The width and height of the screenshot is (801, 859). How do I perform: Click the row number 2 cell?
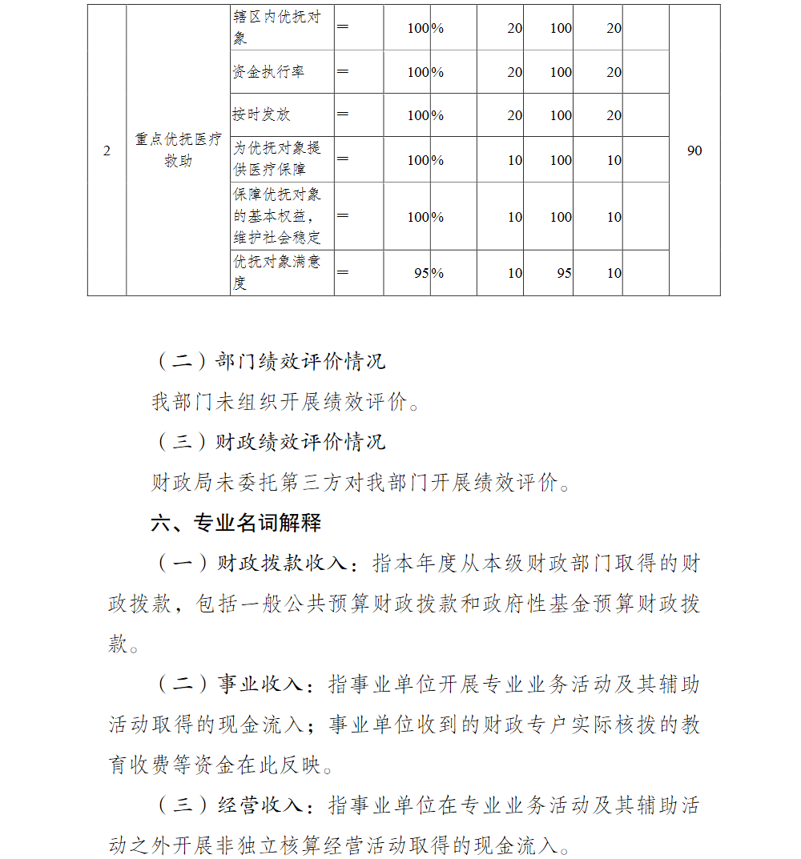107,151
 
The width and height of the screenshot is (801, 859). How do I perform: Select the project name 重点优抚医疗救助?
178,150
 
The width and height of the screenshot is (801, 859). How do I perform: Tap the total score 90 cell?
694,151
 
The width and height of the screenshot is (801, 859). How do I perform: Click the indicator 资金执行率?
268,72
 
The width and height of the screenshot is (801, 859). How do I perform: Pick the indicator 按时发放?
261,114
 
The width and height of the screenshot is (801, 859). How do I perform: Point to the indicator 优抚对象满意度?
277,273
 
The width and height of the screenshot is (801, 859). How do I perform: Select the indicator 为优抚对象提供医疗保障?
277,159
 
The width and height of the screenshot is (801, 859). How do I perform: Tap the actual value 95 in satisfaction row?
564,273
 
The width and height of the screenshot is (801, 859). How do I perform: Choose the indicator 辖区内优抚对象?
277,27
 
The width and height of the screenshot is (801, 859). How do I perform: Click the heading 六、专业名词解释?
236,524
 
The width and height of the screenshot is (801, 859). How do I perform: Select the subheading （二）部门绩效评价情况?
268,361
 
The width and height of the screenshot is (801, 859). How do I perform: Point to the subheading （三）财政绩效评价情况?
268,441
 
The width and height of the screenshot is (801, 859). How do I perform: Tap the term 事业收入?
260,684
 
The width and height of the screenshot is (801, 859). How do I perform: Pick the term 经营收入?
260,805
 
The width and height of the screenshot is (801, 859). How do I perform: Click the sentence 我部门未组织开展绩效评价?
285,401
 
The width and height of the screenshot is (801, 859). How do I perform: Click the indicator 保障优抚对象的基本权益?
277,216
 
